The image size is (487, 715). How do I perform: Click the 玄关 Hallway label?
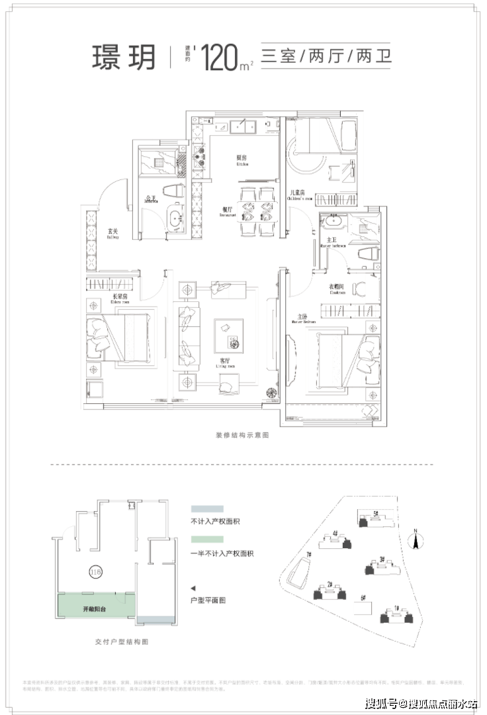coord(112,232)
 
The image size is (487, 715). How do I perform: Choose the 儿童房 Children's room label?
coord(295,196)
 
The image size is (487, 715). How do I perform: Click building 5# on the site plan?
coord(374,518)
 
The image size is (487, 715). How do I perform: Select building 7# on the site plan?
coord(302,569)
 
